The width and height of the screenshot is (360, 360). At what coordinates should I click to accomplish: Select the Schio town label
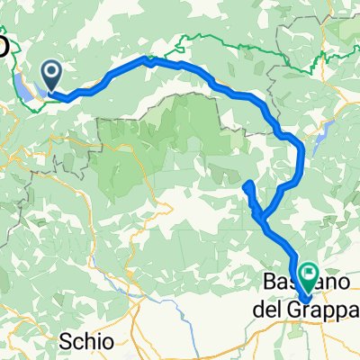click(x=91, y=341)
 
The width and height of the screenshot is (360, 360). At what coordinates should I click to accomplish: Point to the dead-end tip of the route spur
click(x=247, y=185)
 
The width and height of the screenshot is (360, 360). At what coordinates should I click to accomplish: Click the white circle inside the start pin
click(x=51, y=69)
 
